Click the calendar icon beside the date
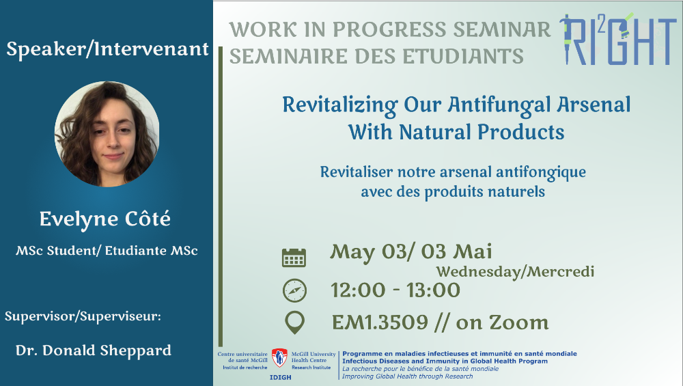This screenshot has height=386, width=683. click(x=294, y=258)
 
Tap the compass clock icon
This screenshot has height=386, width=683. click(x=294, y=290)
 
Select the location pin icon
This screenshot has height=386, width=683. click(x=294, y=322)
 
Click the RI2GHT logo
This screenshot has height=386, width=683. click(x=618, y=39)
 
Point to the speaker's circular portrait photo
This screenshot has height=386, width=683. click(x=107, y=134)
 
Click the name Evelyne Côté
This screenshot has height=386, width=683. click(x=105, y=219)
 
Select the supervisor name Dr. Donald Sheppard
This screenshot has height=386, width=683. click(x=93, y=350)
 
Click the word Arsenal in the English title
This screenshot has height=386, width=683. click(x=594, y=105)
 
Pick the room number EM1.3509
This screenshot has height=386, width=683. click(x=380, y=322)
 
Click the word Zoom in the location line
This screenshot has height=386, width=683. click(x=519, y=322)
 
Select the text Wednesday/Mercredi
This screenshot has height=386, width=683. click(x=515, y=271)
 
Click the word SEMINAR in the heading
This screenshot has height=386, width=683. click(x=502, y=29)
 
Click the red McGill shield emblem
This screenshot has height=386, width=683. click(x=279, y=358)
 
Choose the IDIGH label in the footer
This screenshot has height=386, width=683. click(x=281, y=377)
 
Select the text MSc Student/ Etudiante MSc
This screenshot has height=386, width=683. click(x=107, y=251)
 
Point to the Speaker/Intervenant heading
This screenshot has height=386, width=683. click(x=108, y=49)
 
